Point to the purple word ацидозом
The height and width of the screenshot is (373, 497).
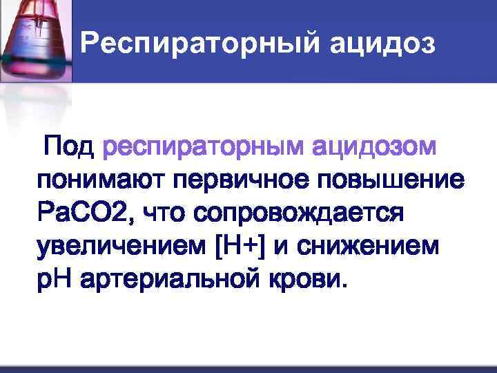click(x=374, y=147)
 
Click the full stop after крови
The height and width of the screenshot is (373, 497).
click(x=338, y=287)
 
